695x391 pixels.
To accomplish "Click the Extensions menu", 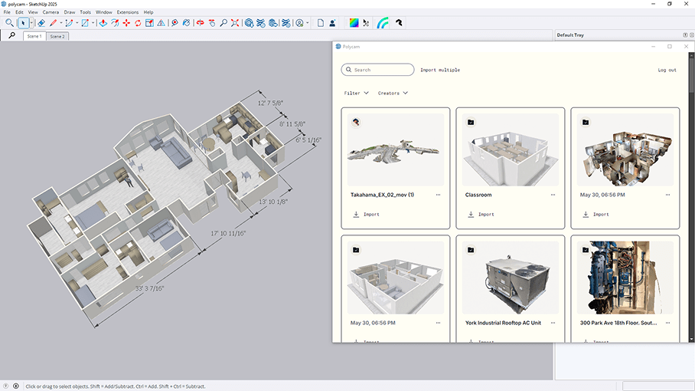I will pyautogui.click(x=128, y=12).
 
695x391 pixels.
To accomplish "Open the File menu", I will pyautogui.click(x=7, y=12).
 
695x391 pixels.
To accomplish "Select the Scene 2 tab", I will pyautogui.click(x=57, y=36).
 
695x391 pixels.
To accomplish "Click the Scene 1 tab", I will pyautogui.click(x=34, y=36).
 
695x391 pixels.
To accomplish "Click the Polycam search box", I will pyautogui.click(x=378, y=70).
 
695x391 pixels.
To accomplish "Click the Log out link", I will pyautogui.click(x=667, y=70).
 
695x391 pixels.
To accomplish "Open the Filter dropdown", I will pyautogui.click(x=356, y=93).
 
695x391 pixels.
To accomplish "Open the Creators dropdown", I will pyautogui.click(x=393, y=93).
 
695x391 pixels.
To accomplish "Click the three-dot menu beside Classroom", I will pyautogui.click(x=553, y=195).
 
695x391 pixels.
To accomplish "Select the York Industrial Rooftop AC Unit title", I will pyautogui.click(x=503, y=323).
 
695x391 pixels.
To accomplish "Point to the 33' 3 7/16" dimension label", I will pyautogui.click(x=149, y=288).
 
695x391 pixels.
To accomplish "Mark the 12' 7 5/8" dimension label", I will pyautogui.click(x=270, y=103).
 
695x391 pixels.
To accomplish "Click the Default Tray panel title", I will pyautogui.click(x=570, y=35).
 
